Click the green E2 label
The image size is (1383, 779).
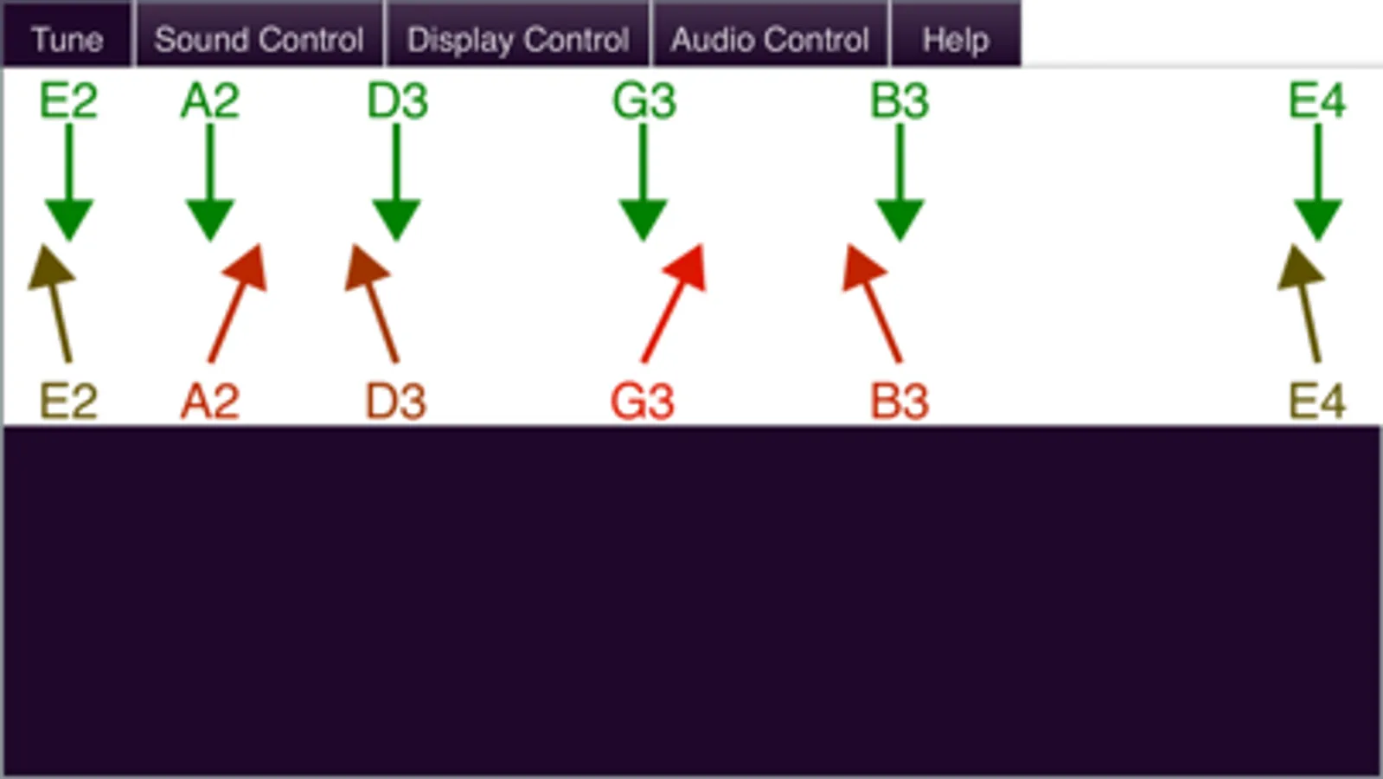click(68, 100)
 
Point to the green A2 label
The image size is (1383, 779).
click(210, 100)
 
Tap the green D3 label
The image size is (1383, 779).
click(397, 100)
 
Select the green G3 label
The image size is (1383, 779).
click(644, 100)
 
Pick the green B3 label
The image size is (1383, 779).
click(900, 100)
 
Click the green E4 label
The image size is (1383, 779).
click(1317, 100)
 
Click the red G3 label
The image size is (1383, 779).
click(643, 402)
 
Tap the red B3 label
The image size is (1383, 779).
click(900, 402)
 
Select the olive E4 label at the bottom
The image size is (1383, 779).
click(1317, 402)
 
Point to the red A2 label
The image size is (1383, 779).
click(210, 402)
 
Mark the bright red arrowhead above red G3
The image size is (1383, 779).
click(687, 266)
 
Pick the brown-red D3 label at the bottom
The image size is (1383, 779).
click(396, 402)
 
